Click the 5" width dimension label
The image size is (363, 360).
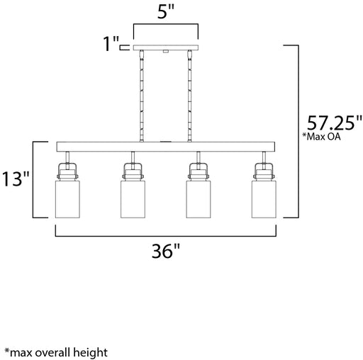point(165,11)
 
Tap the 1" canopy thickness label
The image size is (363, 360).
point(111,44)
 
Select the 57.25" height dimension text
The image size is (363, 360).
point(334,123)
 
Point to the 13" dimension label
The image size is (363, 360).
point(16,179)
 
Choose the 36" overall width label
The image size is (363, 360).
point(166,251)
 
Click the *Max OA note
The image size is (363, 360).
point(321,137)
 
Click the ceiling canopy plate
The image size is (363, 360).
point(166,47)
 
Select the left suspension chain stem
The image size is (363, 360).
point(142,96)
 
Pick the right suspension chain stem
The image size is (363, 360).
point(189,96)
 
